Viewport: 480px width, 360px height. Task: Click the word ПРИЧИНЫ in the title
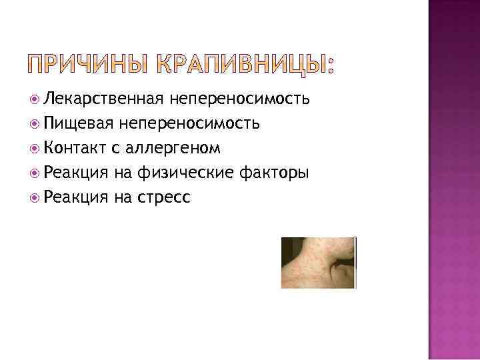[x=88, y=65]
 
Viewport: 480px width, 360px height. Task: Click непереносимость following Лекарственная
[x=239, y=99]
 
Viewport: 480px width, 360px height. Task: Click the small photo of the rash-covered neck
[x=318, y=263]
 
